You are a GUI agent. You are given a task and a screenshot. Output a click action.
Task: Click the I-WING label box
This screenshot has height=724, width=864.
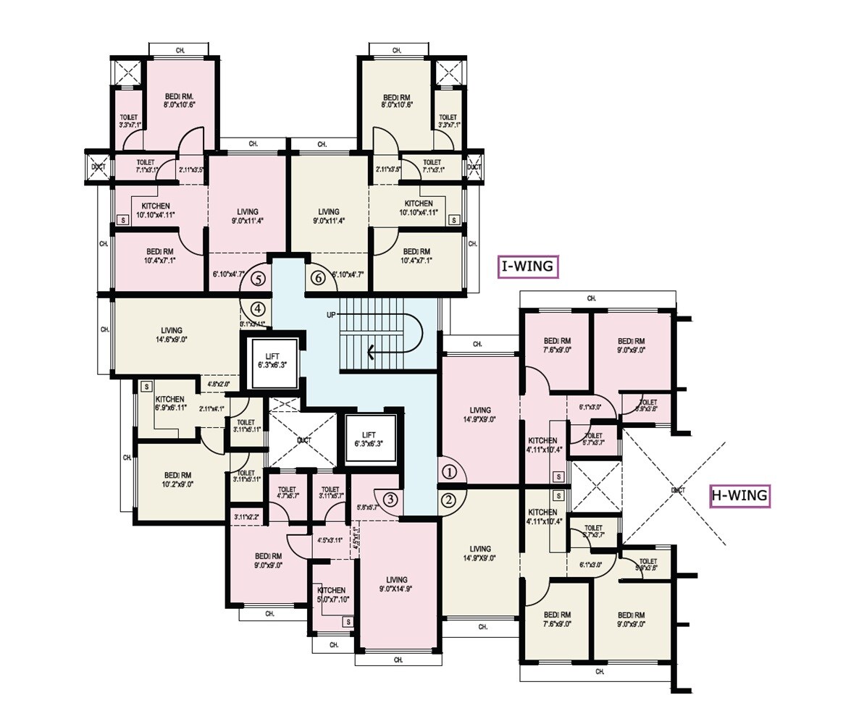(529, 266)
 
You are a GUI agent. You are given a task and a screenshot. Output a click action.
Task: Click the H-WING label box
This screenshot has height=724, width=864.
(739, 496)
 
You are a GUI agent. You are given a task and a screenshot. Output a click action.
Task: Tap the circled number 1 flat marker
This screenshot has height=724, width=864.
(450, 473)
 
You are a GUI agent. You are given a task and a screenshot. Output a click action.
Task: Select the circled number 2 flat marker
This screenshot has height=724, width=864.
(448, 499)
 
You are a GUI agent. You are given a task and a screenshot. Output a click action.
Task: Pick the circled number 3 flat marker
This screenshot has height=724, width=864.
(390, 499)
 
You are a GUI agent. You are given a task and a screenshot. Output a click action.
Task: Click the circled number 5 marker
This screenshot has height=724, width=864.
(258, 277)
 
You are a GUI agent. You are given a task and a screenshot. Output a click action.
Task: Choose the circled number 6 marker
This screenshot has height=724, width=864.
(317, 277)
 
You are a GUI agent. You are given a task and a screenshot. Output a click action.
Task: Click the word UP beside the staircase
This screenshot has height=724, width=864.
(331, 314)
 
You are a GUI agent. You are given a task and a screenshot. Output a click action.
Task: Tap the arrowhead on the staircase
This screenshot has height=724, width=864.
(372, 353)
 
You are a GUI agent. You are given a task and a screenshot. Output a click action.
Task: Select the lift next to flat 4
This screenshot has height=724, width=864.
(273, 361)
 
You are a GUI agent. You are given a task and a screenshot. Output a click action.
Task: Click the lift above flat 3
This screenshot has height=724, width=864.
(371, 439)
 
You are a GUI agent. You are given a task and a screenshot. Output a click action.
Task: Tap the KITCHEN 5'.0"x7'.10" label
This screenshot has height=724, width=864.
(331, 594)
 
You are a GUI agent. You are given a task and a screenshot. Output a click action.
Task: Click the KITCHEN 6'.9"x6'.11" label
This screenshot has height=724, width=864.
(169, 403)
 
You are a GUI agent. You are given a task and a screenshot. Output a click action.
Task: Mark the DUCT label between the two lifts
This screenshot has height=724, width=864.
(303, 439)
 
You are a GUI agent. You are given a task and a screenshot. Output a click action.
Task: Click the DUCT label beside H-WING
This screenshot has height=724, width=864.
(678, 490)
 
